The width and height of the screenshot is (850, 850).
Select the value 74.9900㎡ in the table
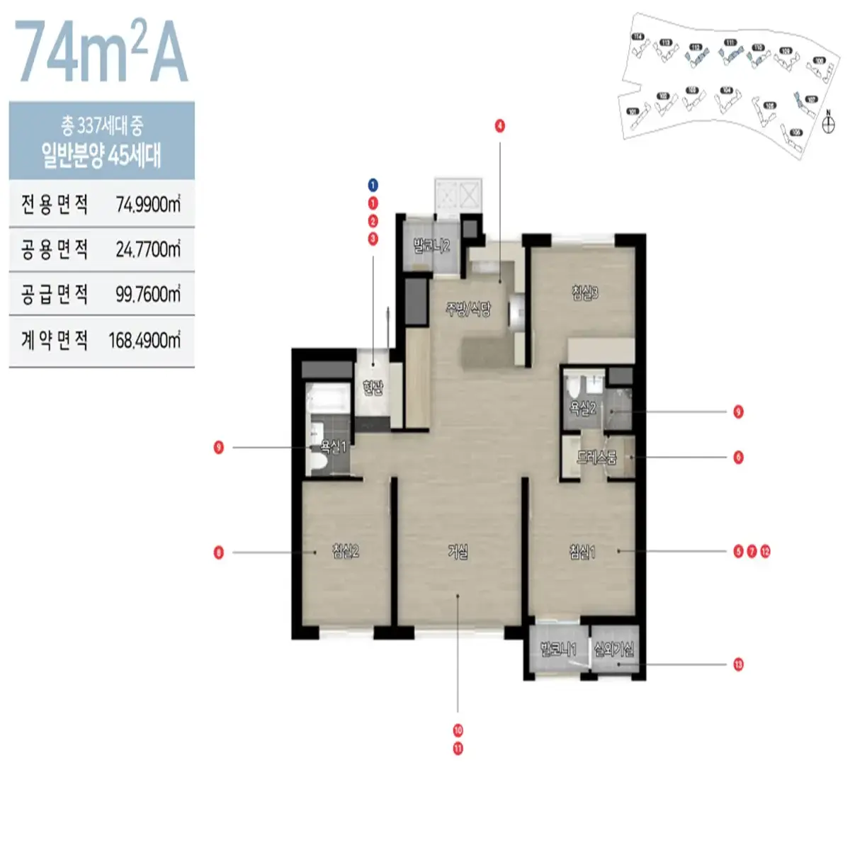(x=148, y=205)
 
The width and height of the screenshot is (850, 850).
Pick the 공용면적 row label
(x=55, y=249)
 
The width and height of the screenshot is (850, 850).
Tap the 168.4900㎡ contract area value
(x=144, y=340)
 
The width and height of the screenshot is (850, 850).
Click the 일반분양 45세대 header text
(x=101, y=155)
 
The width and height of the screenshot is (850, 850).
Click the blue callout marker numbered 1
(x=373, y=186)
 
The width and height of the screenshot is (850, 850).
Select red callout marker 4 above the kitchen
(x=500, y=126)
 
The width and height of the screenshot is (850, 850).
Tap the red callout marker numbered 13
(x=738, y=664)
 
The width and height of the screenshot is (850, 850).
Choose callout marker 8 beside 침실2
(x=219, y=552)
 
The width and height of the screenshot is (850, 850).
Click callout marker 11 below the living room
(x=458, y=748)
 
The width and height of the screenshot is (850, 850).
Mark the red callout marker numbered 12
(x=765, y=551)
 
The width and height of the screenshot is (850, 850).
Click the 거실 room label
(x=458, y=551)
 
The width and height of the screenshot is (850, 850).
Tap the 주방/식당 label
(x=467, y=310)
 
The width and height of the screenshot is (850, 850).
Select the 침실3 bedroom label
(x=585, y=293)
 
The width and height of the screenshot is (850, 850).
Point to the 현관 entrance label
(x=373, y=387)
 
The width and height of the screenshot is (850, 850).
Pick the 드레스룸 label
(x=596, y=458)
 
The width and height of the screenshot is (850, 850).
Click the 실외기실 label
(x=614, y=649)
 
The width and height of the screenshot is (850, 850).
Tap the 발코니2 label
(x=431, y=246)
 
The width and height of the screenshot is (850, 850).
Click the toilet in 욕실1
(x=319, y=462)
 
